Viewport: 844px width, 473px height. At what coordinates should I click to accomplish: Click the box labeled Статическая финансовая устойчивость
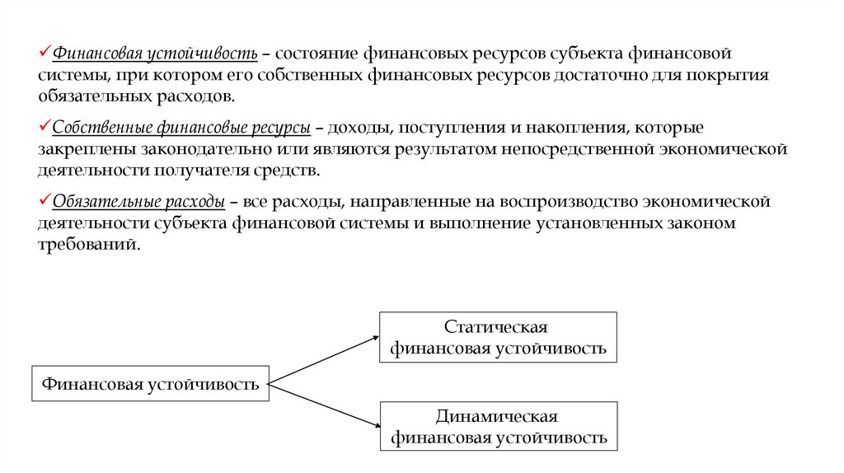tap(498, 338)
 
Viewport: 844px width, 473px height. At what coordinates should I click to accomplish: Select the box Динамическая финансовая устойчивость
tap(498, 426)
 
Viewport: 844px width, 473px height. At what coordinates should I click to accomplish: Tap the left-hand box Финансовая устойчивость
tap(151, 383)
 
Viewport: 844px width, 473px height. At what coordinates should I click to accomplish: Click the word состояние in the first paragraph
tap(316, 54)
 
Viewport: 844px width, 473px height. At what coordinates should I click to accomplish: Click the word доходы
tap(355, 129)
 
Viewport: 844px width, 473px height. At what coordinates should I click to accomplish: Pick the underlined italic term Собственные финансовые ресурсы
tap(181, 129)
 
